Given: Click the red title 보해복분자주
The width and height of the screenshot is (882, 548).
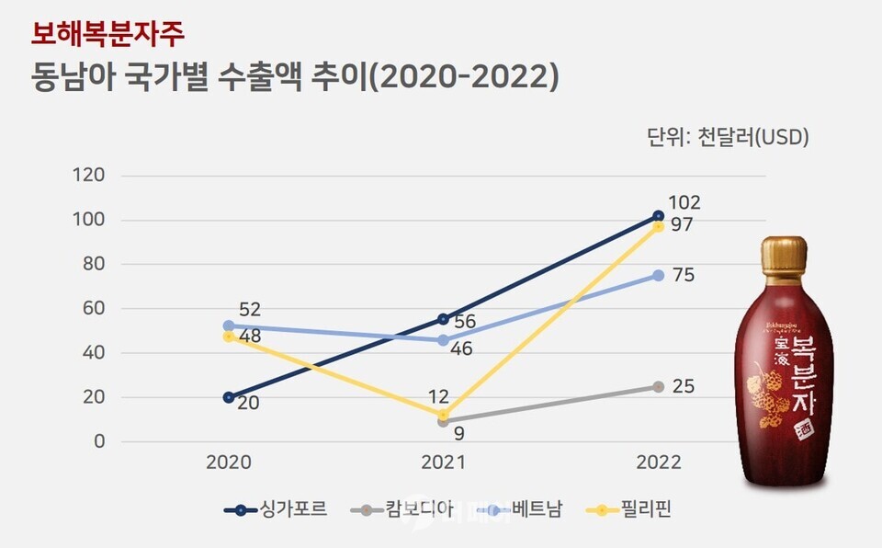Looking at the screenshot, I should coord(108,35).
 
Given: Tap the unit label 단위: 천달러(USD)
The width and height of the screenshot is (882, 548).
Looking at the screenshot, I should coord(727,138).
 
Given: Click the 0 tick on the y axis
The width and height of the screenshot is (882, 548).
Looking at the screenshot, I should coord(100,442).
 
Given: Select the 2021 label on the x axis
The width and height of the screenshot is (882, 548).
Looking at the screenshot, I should coord(443,463).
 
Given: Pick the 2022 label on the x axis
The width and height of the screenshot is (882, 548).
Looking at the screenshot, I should coord(657,463).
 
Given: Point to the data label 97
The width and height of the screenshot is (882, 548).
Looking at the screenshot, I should coord(682,225).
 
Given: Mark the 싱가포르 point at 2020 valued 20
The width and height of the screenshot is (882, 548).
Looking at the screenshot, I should coord(229,397).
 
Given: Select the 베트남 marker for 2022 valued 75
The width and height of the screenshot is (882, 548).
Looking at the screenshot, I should coord(658,275).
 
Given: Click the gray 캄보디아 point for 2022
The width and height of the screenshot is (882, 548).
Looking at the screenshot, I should coord(658,387).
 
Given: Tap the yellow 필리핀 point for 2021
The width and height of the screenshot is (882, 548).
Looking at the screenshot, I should coord(443,415).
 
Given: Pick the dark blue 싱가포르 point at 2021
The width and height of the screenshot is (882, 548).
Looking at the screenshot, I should coord(443,319).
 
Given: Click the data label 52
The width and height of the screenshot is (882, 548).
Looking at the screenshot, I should coord(250,310).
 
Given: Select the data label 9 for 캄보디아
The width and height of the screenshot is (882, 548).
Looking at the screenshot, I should coord(458,432).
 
